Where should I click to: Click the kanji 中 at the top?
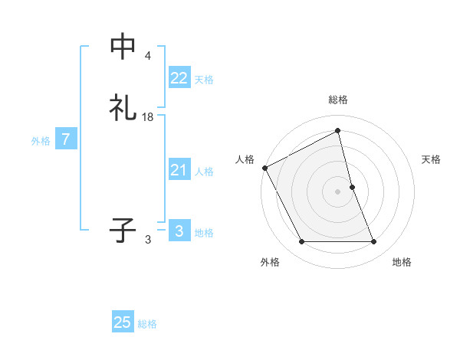click(123, 47)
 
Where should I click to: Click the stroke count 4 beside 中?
click(147, 56)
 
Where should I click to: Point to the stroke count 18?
click(148, 117)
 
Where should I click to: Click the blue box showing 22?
click(179, 77)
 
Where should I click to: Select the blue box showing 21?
click(179, 170)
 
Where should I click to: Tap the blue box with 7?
click(66, 140)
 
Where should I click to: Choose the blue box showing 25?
click(123, 322)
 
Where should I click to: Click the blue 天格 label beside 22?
click(204, 79)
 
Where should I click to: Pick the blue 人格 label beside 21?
click(204, 172)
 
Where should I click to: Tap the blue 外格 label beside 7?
click(41, 141)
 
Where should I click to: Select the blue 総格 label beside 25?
click(147, 324)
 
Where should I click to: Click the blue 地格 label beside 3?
click(204, 233)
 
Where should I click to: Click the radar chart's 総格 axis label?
click(338, 100)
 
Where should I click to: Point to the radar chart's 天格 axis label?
click(432, 159)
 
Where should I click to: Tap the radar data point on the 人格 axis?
click(264, 168)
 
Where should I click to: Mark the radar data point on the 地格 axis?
click(374, 242)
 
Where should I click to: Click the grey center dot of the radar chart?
click(338, 191)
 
